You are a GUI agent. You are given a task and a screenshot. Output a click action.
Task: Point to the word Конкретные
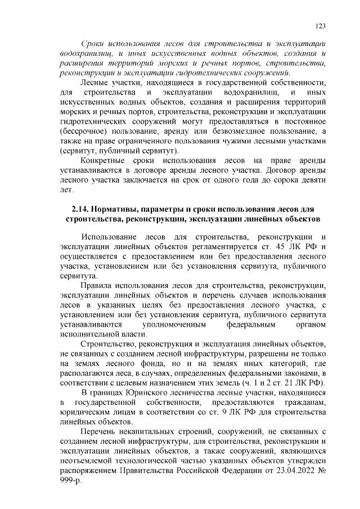(106, 161)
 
